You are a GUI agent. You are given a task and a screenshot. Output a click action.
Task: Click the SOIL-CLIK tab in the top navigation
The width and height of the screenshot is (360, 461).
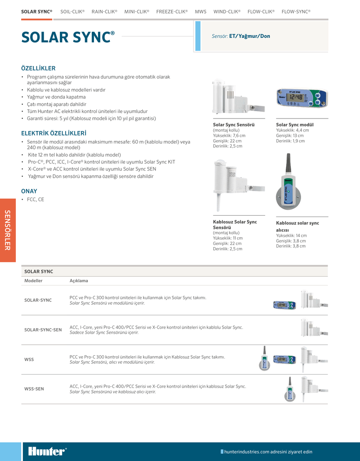coord(72,11)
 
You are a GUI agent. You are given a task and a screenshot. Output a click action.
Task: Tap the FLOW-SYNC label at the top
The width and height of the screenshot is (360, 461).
coord(296,11)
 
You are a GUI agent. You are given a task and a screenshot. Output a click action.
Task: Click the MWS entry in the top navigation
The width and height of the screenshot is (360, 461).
coord(201,11)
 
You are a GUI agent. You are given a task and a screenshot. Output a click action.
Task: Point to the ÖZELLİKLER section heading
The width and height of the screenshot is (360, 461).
coord(38,68)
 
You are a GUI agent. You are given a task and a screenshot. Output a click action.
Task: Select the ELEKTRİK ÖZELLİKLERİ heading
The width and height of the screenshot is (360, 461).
coord(54,133)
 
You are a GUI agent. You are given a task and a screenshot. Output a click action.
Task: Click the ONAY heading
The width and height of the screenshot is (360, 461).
coord(29,191)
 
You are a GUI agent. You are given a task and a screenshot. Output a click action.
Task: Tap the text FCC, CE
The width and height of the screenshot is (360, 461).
coord(36,199)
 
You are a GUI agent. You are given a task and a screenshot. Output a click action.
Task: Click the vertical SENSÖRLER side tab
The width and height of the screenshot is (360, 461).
coord(8,230)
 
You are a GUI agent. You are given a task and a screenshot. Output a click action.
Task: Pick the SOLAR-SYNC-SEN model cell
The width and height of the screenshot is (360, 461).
coord(43,330)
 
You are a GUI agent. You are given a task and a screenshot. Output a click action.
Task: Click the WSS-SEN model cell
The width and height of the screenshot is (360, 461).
coord(34,389)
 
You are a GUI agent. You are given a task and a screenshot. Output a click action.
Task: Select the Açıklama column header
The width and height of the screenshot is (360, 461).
coord(79,280)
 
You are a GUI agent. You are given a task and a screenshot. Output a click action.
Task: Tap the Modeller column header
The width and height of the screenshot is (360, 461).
coord(33,280)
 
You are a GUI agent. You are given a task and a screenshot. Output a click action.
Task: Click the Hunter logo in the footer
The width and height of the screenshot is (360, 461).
coord(47,452)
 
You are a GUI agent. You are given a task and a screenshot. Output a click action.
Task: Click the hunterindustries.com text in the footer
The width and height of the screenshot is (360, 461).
coord(268,452)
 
